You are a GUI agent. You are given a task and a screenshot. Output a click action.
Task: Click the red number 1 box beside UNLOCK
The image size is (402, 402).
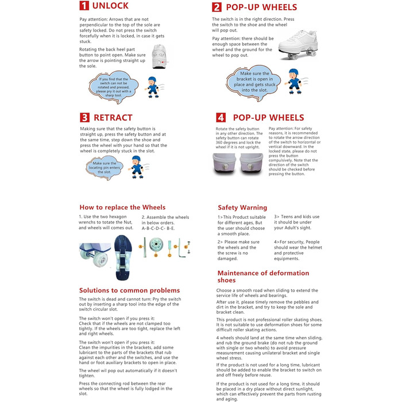tap(84, 7)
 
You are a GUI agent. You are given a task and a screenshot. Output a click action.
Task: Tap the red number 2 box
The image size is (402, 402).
tap(217, 7)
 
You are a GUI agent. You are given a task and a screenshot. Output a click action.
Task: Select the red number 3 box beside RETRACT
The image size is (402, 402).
tap(84, 118)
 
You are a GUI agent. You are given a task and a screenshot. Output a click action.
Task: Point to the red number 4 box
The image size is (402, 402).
tap(221, 118)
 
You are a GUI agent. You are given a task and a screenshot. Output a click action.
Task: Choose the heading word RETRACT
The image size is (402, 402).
tap(113, 118)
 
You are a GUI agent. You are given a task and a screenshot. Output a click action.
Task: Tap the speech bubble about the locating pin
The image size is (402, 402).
tap(105, 168)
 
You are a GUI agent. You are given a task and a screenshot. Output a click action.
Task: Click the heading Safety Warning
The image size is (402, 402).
tap(242, 207)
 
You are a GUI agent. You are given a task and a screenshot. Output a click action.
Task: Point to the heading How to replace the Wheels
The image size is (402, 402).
tap(122, 207)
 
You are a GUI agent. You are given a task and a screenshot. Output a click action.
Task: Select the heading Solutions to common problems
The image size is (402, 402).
tap(129, 291)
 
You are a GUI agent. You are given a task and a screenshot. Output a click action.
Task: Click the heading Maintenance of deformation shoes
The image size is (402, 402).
tap(263, 276)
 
